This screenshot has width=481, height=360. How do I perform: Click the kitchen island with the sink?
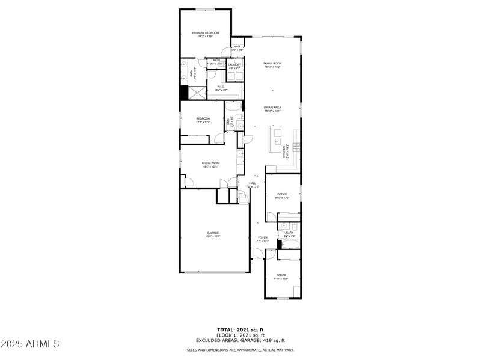[x=277, y=133]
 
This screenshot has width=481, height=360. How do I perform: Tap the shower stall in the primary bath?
[x=194, y=93]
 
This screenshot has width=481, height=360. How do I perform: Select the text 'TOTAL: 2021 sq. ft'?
[x=240, y=329]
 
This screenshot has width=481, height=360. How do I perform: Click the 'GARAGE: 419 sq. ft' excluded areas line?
[x=240, y=341]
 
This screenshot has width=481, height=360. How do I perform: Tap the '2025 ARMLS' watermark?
[x=30, y=344]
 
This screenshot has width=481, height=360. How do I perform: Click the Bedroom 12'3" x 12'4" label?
[x=203, y=120]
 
